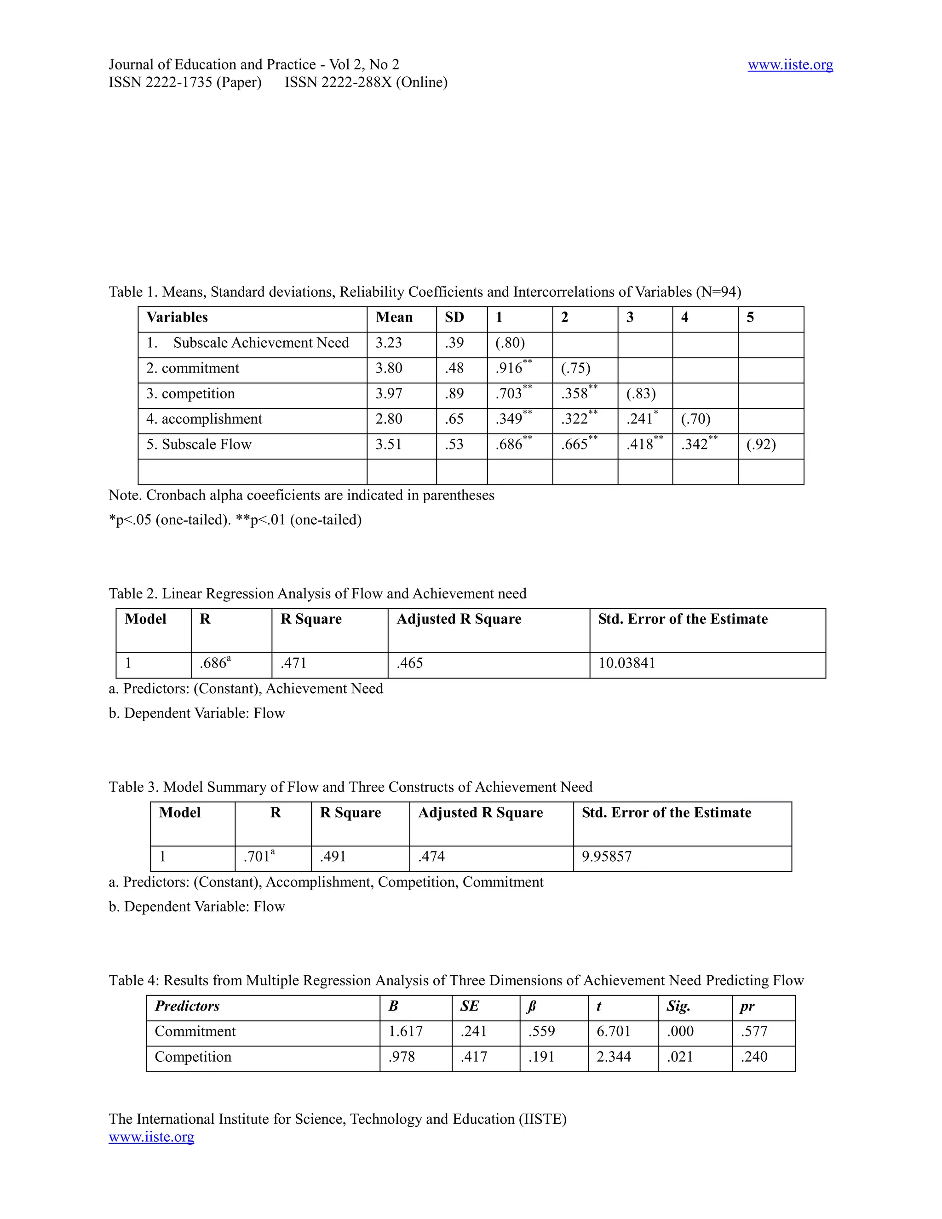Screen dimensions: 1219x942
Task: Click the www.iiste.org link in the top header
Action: point(790,65)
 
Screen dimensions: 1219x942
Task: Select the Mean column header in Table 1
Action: point(394,317)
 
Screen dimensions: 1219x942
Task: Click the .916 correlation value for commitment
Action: point(509,368)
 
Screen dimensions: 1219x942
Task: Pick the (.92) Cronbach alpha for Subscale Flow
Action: point(761,444)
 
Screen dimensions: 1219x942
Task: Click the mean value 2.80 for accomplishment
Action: point(388,419)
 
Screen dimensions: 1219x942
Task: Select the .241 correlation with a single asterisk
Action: point(639,419)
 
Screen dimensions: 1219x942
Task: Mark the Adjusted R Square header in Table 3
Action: point(480,813)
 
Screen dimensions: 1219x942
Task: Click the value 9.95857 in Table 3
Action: point(607,857)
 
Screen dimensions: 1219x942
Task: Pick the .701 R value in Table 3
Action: point(257,857)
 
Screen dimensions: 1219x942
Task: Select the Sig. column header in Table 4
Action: point(678,1006)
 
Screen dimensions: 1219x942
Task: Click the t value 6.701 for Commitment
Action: point(613,1031)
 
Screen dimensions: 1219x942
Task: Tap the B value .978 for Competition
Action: point(401,1057)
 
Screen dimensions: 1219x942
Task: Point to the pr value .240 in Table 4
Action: point(754,1057)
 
